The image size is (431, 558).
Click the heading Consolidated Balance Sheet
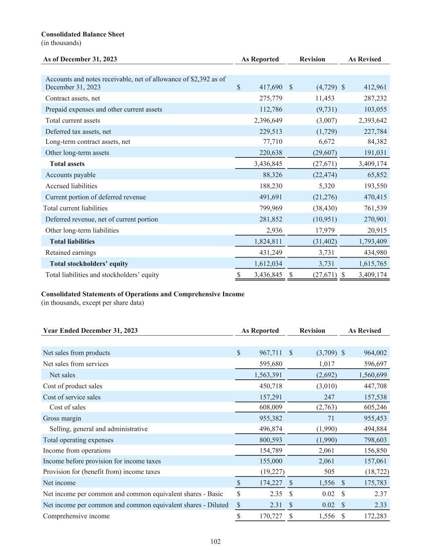(83, 34)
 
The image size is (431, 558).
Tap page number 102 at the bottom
(215, 542)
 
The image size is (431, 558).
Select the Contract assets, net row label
(72, 98)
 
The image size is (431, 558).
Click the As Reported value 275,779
(270, 98)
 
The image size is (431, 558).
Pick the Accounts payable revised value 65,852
(375, 175)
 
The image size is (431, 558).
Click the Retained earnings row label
(70, 253)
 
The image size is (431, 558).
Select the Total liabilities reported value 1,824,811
(268, 242)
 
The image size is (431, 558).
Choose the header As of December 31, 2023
(80, 59)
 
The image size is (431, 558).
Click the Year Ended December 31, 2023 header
(90, 331)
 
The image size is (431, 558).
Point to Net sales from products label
(76, 353)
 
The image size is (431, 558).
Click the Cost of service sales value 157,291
(270, 397)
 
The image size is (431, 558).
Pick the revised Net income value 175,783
(373, 483)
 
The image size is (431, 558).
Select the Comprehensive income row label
(76, 516)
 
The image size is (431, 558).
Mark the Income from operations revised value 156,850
(373, 450)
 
